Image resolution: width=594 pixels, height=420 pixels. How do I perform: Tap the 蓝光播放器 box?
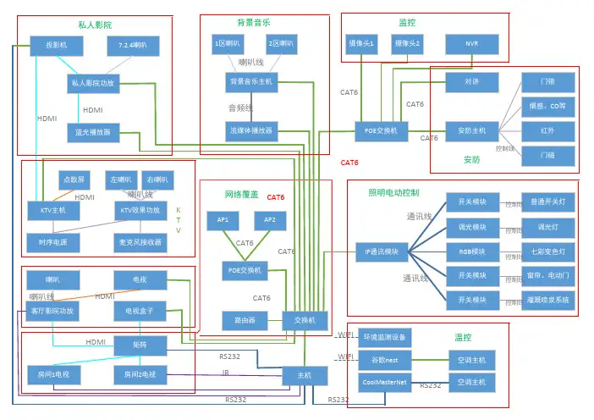point(93,132)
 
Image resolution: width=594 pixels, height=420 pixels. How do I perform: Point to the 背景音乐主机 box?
point(250,82)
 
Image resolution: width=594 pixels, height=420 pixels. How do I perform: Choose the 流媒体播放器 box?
point(250,131)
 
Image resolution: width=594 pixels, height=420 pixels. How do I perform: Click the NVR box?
point(471,43)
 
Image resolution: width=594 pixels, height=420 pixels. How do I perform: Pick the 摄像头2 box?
point(407,43)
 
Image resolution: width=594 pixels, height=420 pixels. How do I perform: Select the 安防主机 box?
point(472,130)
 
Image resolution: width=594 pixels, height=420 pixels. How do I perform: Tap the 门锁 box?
point(547,82)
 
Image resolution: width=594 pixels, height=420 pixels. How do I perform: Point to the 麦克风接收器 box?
point(140,242)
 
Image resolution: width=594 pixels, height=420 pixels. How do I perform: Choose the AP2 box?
point(270,220)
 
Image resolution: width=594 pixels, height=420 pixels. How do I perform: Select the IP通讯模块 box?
point(382,251)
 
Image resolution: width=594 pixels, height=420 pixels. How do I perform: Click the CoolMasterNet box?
point(383,383)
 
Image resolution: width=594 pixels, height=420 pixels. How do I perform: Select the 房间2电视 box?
point(140,373)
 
